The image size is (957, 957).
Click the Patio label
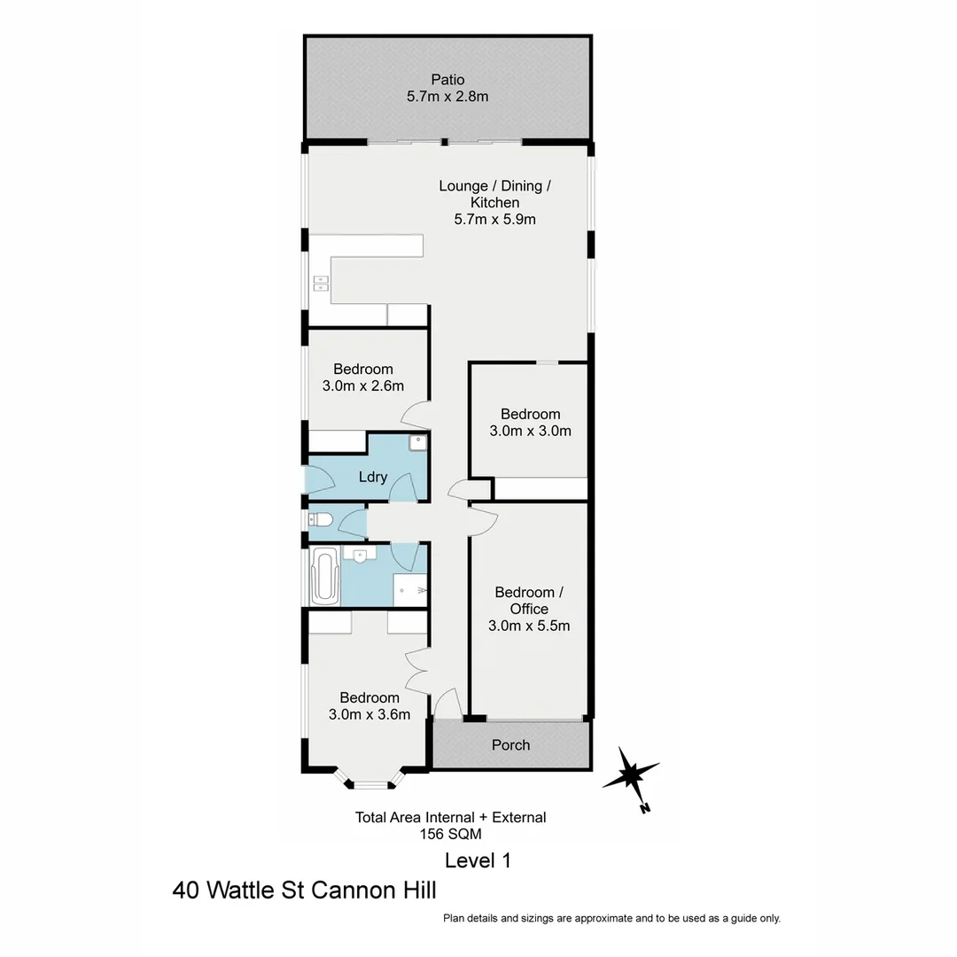pyautogui.click(x=447, y=80)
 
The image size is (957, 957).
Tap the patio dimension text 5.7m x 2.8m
pyautogui.click(x=447, y=97)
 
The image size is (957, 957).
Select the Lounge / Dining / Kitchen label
pyautogui.click(x=495, y=194)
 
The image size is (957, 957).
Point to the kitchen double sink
pyautogui.click(x=320, y=284)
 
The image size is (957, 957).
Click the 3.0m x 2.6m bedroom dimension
pyautogui.click(x=362, y=385)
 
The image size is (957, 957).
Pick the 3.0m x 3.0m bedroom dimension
pyautogui.click(x=530, y=431)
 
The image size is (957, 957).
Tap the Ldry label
pyautogui.click(x=373, y=477)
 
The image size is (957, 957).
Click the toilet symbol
pyautogui.click(x=320, y=520)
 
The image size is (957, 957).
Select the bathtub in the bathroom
pyautogui.click(x=325, y=576)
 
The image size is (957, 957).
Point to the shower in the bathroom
pyautogui.click(x=410, y=588)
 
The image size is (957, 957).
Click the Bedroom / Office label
pyautogui.click(x=529, y=600)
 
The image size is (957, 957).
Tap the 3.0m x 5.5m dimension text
pyautogui.click(x=529, y=626)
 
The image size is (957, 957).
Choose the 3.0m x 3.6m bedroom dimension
pyautogui.click(x=369, y=714)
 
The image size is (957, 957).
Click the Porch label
pyautogui.click(x=510, y=745)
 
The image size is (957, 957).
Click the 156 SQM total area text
pyautogui.click(x=450, y=834)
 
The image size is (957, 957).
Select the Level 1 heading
pyautogui.click(x=478, y=860)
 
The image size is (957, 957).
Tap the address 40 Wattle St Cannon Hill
pyautogui.click(x=305, y=890)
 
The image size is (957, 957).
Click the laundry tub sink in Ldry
pyautogui.click(x=417, y=443)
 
